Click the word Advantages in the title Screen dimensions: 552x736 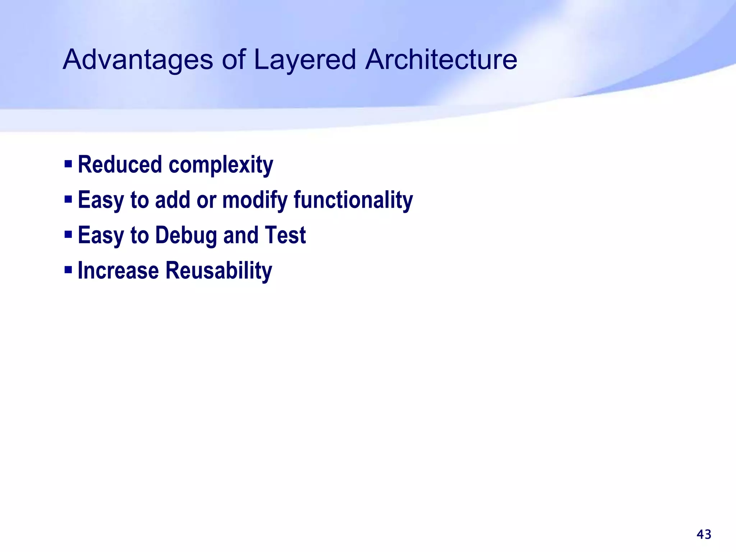tap(138, 60)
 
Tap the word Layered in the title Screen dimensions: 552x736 tap(305, 60)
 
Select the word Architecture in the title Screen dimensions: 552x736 tap(441, 60)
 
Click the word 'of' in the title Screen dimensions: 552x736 tap(234, 60)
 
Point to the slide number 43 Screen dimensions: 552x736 tap(704, 534)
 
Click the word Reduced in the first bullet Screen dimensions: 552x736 tap(120, 165)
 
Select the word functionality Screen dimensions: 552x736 tap(353, 200)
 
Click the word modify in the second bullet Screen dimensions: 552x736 tap(255, 200)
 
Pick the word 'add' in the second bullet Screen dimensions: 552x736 tap(172, 200)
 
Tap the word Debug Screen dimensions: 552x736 tap(186, 235)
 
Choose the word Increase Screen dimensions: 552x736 tap(118, 270)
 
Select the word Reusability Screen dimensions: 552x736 tap(218, 270)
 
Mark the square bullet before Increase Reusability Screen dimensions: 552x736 tap(68, 270)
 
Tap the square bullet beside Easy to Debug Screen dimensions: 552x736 tap(68, 234)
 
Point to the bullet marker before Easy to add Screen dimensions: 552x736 tap(68, 199)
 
